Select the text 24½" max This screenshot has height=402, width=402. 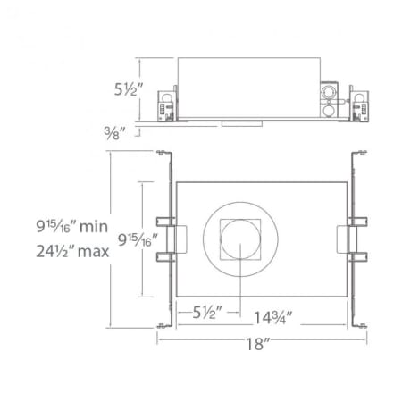tap(67, 251)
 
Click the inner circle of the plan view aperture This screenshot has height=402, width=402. tap(239, 240)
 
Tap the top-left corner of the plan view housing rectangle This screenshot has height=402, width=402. tap(178, 184)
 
